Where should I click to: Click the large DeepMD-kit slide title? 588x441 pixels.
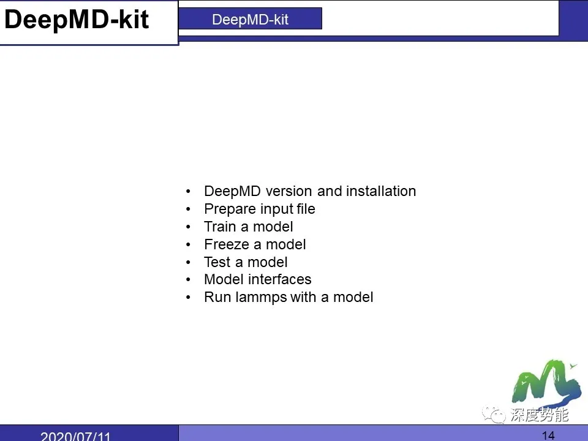pos(77,20)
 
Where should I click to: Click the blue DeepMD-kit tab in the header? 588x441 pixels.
pos(250,19)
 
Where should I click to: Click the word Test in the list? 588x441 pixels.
pos(217,262)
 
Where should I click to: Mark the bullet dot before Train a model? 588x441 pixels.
pos(189,227)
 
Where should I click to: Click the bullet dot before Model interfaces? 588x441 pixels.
pos(189,280)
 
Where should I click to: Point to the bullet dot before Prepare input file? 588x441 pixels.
pos(189,209)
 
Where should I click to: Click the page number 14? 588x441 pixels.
pos(548,435)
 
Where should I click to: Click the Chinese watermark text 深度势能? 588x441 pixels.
pos(539,415)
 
